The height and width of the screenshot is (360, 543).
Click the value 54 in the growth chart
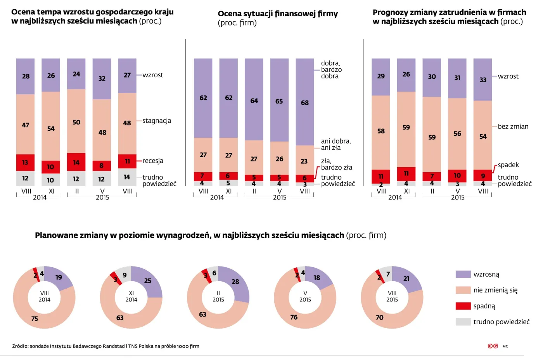point(51,129)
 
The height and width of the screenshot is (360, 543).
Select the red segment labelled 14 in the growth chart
point(76,162)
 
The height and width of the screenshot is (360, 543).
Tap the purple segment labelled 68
point(305,102)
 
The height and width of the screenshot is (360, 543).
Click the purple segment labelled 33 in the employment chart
point(482,80)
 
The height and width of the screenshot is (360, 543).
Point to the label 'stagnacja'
point(156,121)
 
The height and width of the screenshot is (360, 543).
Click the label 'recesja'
point(152,161)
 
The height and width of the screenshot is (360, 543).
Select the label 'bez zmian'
point(513,126)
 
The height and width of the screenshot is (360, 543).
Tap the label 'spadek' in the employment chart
point(508,165)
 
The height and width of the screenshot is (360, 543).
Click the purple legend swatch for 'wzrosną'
point(463,274)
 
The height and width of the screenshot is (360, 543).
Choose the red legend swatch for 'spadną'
point(463,306)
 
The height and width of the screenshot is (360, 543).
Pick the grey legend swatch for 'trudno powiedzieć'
point(463,322)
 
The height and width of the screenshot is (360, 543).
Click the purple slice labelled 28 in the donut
point(235,282)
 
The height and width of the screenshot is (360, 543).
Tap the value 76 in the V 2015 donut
point(294,317)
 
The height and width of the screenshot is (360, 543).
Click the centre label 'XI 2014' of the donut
point(131,296)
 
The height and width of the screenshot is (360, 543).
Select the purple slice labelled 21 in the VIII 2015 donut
point(406,279)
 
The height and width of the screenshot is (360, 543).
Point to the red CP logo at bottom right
point(493,346)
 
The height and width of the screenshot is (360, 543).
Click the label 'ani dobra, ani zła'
point(335,144)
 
